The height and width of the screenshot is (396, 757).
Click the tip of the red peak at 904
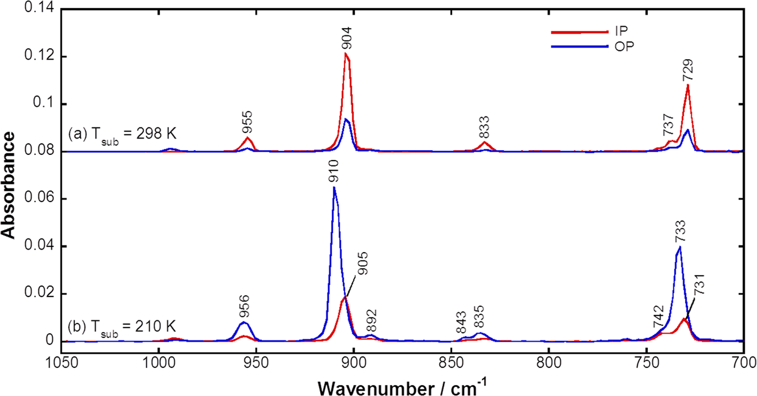coord(346,54)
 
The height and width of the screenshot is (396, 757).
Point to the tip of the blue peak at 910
coord(334,187)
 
